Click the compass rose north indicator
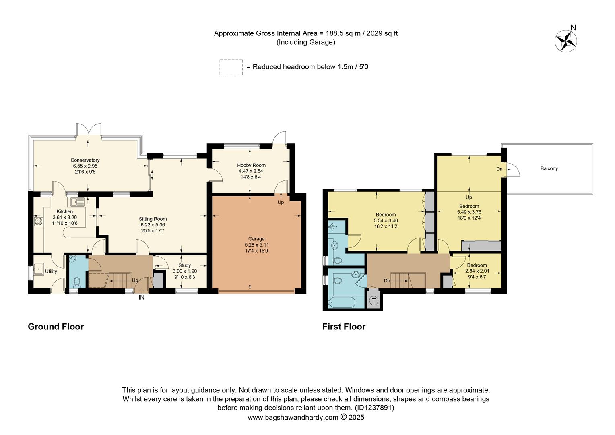coord(566,40)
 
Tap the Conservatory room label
coord(85,160)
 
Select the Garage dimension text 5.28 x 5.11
coord(255,245)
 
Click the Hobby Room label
coord(251,165)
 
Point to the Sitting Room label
coord(153,219)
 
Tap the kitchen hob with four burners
coord(39,221)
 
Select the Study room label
coord(185,265)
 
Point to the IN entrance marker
coord(141,298)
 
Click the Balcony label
coord(549,168)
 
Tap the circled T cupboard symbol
coord(374,300)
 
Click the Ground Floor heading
coord(56,327)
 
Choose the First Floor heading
coord(344,327)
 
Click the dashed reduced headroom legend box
coord(231,67)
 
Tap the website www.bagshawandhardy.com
coord(293,418)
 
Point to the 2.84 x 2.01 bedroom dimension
coord(477,271)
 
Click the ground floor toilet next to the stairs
coord(77,280)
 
